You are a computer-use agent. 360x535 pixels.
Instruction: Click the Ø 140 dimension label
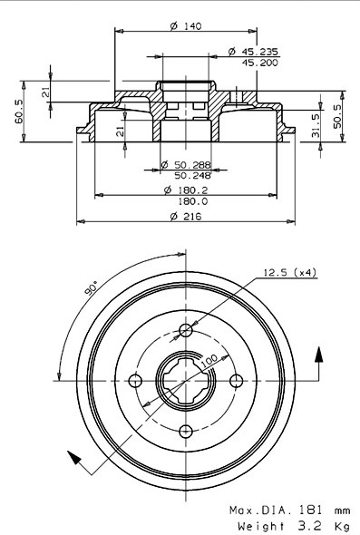coord(185,25)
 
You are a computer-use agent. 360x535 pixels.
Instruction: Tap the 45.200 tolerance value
coord(259,63)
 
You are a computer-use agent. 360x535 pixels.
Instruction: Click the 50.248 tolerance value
coord(190,174)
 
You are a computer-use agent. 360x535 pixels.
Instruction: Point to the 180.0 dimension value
coord(190,201)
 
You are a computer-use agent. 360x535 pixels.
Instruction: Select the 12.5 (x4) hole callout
coord(288,271)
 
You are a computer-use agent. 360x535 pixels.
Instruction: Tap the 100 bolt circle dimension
coord(208,362)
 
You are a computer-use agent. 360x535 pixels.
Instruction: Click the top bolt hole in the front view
coord(186,330)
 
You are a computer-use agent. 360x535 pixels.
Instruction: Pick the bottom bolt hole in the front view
coord(186,431)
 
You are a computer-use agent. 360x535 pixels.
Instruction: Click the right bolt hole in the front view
coord(237,381)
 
